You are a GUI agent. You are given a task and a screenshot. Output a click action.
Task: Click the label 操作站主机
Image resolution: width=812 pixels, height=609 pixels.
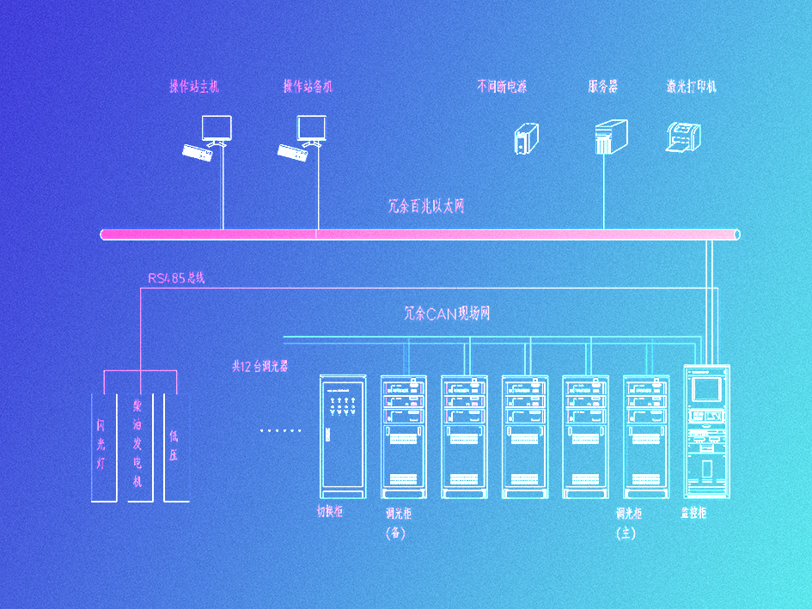[194, 87]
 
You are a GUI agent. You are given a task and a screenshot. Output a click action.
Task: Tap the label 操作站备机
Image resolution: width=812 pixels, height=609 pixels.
[308, 87]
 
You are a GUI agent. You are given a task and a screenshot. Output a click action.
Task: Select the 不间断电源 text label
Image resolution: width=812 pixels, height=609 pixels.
[502, 87]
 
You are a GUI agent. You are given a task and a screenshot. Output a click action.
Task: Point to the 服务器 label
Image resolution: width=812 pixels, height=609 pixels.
[603, 87]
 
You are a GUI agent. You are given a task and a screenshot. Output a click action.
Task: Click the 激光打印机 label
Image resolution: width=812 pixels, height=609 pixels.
[691, 87]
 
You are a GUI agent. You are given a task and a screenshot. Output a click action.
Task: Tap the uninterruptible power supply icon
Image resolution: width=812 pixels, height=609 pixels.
[526, 138]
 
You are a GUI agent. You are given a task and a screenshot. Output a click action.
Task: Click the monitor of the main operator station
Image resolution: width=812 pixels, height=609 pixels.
[216, 128]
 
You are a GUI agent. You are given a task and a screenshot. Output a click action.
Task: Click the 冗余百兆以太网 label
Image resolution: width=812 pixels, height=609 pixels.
[426, 207]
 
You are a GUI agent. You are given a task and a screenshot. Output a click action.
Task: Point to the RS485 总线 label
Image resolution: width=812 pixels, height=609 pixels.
[176, 278]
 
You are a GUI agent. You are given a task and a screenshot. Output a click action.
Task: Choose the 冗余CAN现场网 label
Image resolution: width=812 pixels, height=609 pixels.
[447, 314]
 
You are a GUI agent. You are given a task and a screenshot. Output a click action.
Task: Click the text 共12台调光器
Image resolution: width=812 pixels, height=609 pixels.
[259, 366]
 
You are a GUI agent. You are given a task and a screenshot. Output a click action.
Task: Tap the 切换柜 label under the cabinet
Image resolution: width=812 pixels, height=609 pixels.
[329, 512]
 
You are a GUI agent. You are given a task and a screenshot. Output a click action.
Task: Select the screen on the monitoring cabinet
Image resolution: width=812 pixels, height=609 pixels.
[706, 389]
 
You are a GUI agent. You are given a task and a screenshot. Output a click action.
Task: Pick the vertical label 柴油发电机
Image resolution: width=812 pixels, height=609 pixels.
[137, 442]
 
